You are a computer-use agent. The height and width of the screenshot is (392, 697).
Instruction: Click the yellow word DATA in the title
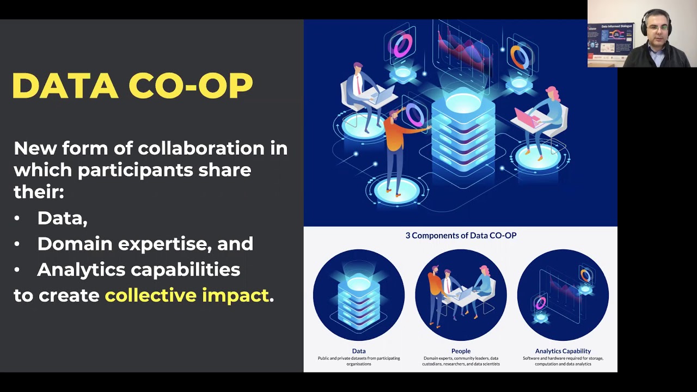(x=65, y=86)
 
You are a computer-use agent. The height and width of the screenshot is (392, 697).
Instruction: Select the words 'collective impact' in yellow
(x=187, y=295)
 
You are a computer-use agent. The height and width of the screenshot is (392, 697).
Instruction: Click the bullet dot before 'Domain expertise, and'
(x=17, y=244)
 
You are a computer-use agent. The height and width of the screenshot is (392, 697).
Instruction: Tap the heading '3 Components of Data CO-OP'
(x=461, y=235)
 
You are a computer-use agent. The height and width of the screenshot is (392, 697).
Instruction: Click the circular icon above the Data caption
(x=359, y=295)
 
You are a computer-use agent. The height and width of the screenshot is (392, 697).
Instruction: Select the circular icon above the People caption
(x=461, y=295)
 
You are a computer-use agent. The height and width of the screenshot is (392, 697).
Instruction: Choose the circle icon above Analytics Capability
(x=563, y=295)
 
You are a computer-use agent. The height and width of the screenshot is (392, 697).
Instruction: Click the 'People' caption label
(x=461, y=351)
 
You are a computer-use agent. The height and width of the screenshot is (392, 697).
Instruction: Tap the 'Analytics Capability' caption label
(x=563, y=351)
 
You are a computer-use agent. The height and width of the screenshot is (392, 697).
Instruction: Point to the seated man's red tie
(x=358, y=84)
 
